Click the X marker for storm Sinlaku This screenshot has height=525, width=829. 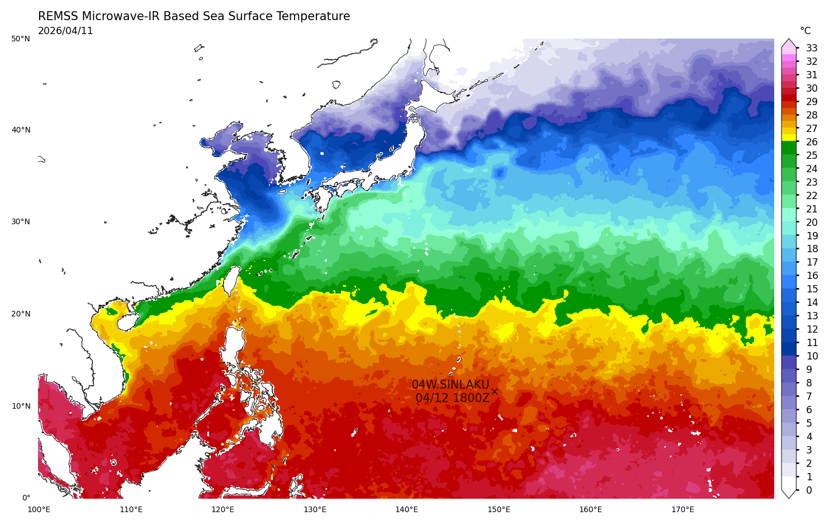point(494,391)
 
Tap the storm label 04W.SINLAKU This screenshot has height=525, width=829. point(450,385)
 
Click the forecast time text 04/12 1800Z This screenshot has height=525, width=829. point(452,398)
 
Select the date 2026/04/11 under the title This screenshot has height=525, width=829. point(65,31)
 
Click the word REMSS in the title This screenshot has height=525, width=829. point(58,16)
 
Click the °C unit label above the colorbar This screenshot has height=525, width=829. point(805,31)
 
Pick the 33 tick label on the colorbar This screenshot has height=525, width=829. point(812,48)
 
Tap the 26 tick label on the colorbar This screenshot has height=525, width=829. point(812,142)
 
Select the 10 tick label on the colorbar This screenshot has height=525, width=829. point(812,356)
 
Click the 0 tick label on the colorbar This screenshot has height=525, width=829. point(809,490)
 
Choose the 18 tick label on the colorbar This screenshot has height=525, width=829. point(812,249)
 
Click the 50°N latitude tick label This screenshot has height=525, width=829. point(21,39)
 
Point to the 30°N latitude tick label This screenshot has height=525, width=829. point(21,222)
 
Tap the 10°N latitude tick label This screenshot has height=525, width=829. point(21,406)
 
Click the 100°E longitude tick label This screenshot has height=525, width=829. point(39,509)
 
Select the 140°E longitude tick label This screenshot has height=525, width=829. point(406,509)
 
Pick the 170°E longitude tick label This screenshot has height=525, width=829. point(683,509)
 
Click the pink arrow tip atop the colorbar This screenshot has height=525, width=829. point(789,42)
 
